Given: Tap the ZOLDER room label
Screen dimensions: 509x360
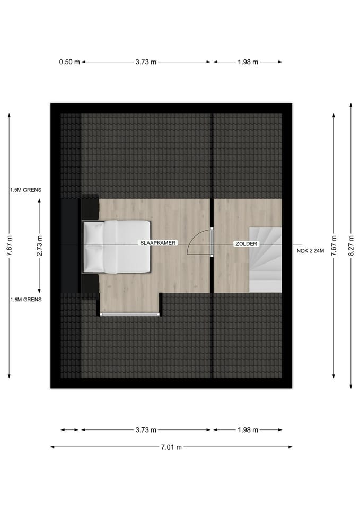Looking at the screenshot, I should click(246, 243).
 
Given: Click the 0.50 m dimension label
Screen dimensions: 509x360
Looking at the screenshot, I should click(69, 62).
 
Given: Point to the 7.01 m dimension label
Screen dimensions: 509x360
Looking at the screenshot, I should click(171, 447).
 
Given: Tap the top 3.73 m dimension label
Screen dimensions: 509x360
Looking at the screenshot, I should click(146, 62).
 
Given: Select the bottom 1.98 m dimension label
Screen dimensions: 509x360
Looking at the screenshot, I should click(248, 429).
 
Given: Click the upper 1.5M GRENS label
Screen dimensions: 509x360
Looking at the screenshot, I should click(25, 190).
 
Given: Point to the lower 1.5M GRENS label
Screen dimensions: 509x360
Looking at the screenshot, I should click(25, 300).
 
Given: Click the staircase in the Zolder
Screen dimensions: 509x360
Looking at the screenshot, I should click(265, 259).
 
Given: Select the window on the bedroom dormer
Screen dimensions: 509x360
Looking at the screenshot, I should click(130, 315).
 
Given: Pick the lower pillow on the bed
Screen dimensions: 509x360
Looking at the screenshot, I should click(93, 258).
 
